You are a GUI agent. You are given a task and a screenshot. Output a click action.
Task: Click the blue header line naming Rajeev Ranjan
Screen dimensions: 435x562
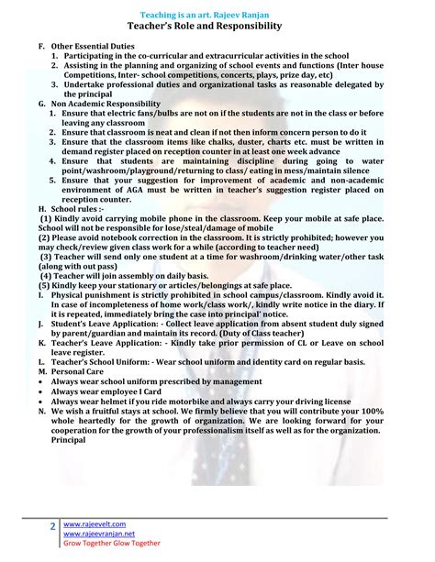point(217,16)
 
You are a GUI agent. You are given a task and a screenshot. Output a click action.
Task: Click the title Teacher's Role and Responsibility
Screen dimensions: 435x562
point(217,28)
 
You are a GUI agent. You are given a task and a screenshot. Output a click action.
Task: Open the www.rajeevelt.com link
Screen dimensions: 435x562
point(96,523)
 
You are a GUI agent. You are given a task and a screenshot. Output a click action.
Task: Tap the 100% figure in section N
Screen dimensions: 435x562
point(393,412)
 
